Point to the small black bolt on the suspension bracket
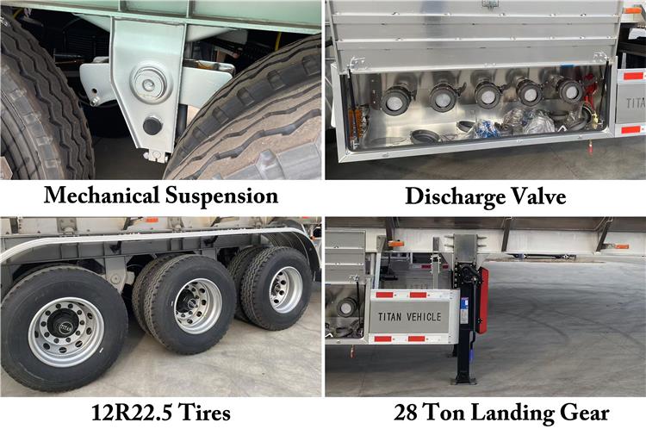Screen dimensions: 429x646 point(152,126)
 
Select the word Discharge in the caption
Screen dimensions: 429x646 point(453,196)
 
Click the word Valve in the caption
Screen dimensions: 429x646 point(537,196)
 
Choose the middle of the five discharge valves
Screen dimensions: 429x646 point(488,96)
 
